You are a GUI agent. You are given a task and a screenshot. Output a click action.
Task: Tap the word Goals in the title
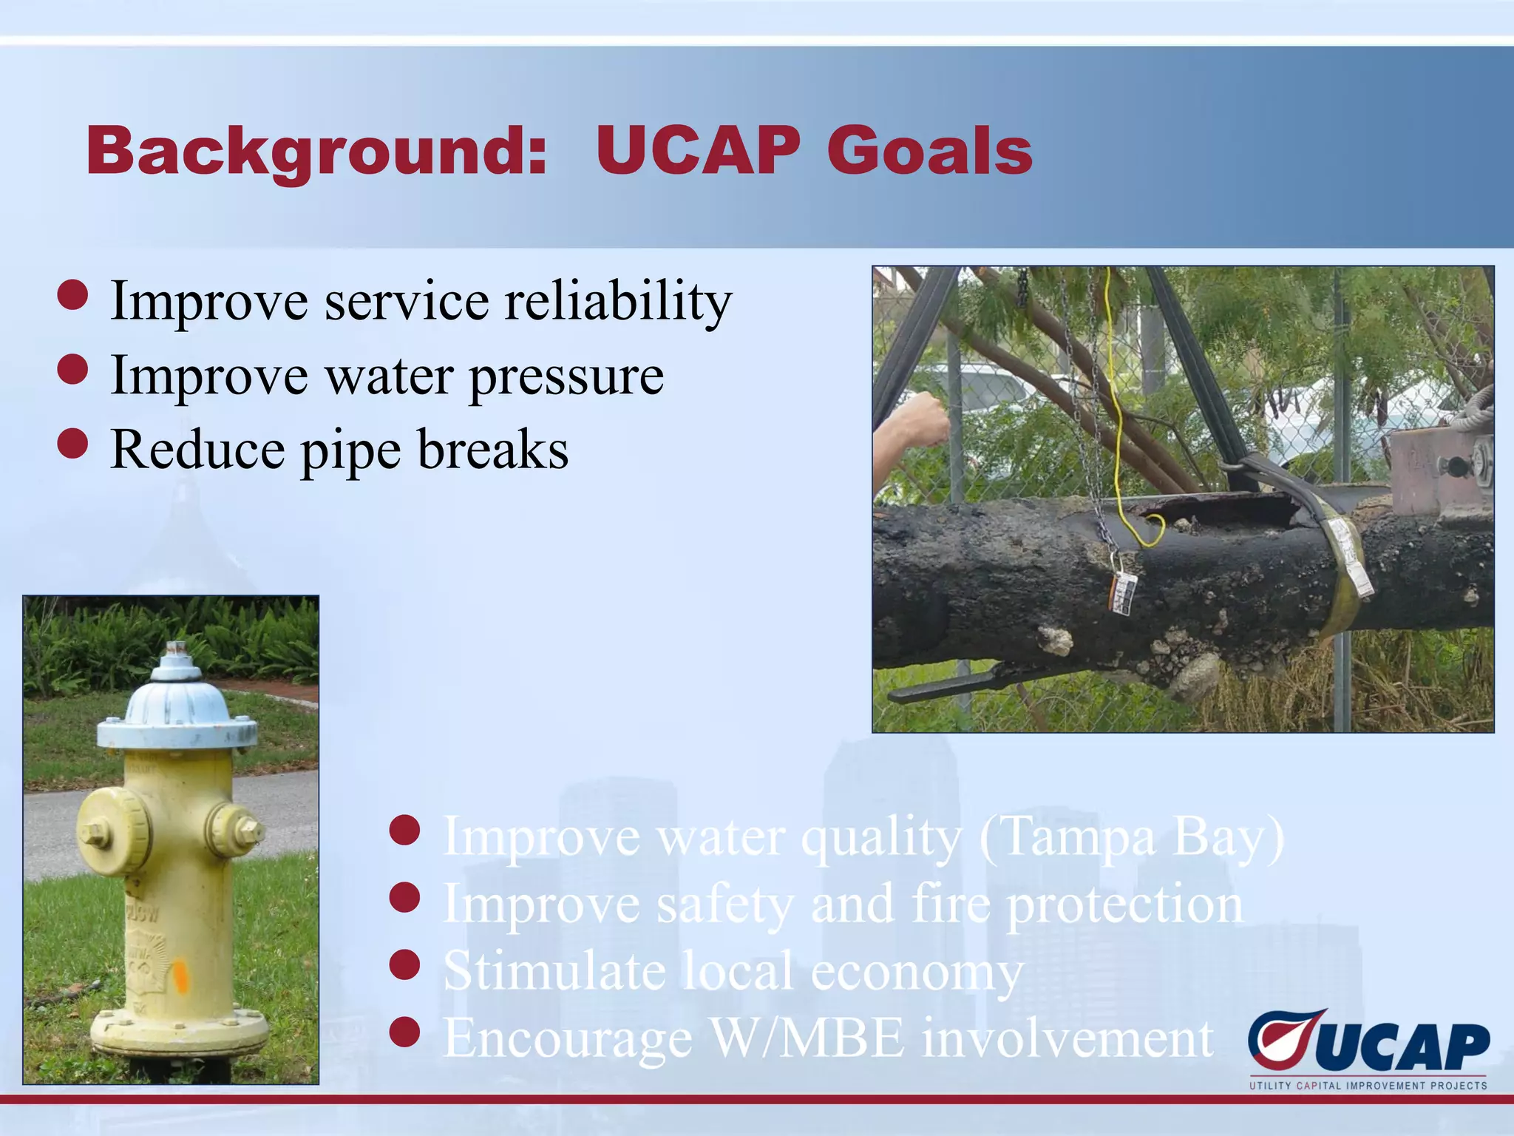coord(929,152)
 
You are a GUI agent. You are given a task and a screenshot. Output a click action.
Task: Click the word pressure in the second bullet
coord(566,376)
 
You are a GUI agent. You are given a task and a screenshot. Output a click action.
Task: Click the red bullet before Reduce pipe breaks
coord(72,444)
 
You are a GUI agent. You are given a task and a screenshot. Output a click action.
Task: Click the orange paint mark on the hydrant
coord(180,975)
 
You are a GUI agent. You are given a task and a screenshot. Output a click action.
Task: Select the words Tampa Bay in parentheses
coord(1131,838)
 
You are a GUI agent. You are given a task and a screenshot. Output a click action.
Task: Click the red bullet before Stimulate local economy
coord(404,965)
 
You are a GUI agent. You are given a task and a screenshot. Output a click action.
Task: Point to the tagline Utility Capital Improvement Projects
coord(1368,1086)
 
